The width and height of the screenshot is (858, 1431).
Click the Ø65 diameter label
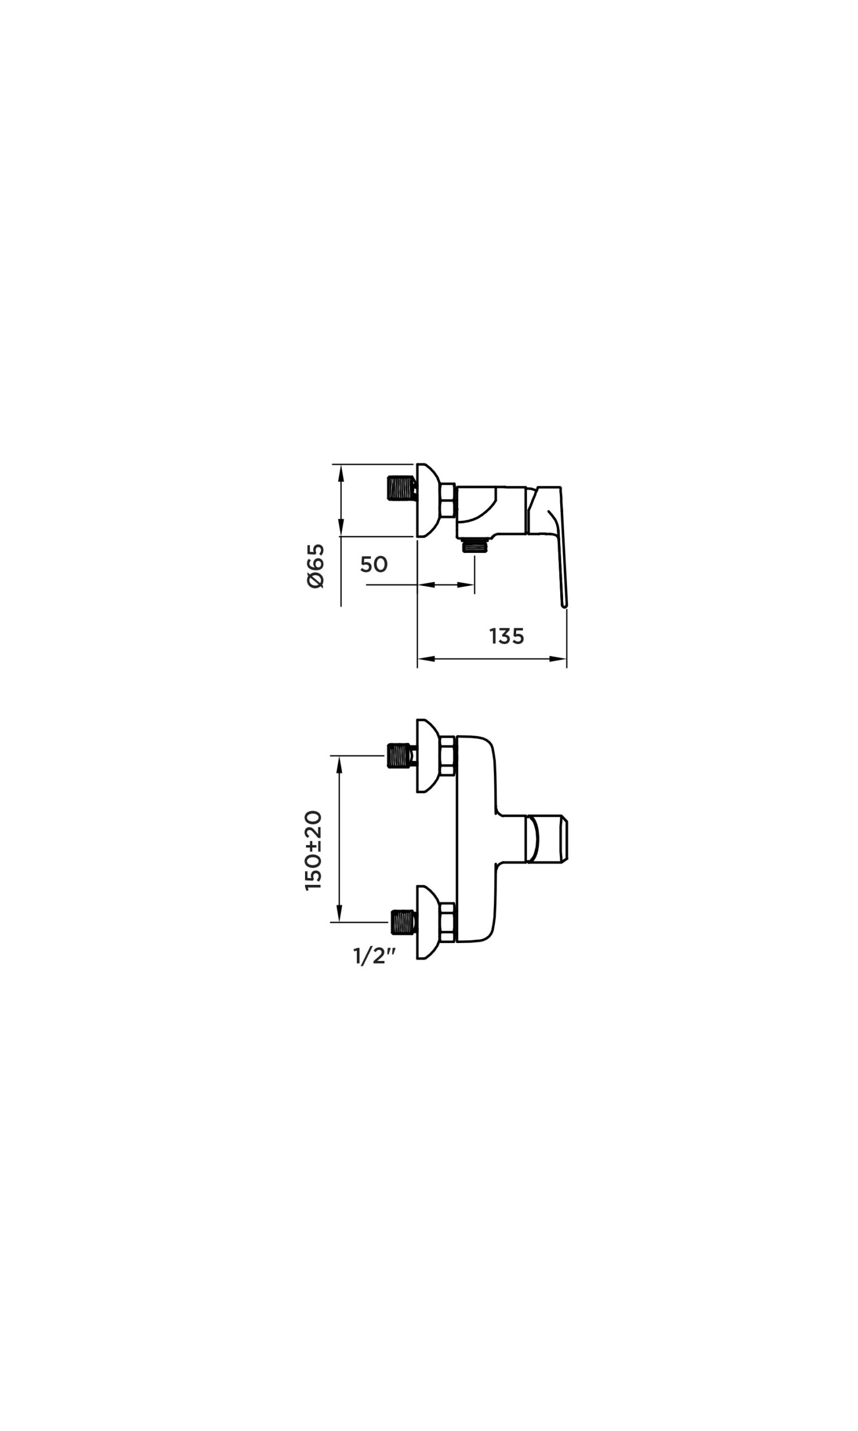pos(316,566)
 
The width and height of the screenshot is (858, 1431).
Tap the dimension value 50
pos(374,565)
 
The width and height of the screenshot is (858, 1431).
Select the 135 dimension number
pos(507,636)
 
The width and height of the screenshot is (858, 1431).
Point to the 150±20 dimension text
pos(313,850)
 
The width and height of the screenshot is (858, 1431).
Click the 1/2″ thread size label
pos(375,956)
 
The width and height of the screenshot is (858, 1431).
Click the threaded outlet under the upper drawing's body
pos(475,546)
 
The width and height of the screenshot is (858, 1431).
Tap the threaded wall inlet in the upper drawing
pos(402,488)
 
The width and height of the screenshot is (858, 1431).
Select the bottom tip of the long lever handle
pos(564,606)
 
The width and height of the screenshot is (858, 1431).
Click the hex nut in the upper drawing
pos(447,500)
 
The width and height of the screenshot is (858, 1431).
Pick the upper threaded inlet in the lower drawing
pos(401,756)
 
